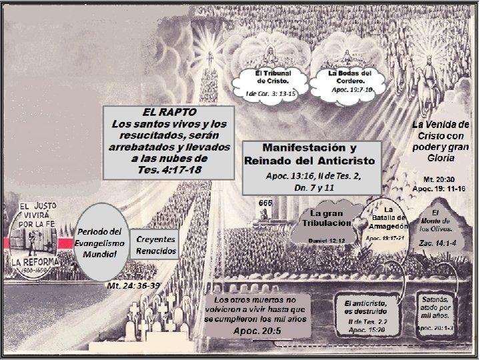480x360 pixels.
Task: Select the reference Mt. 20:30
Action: click(439, 180)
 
